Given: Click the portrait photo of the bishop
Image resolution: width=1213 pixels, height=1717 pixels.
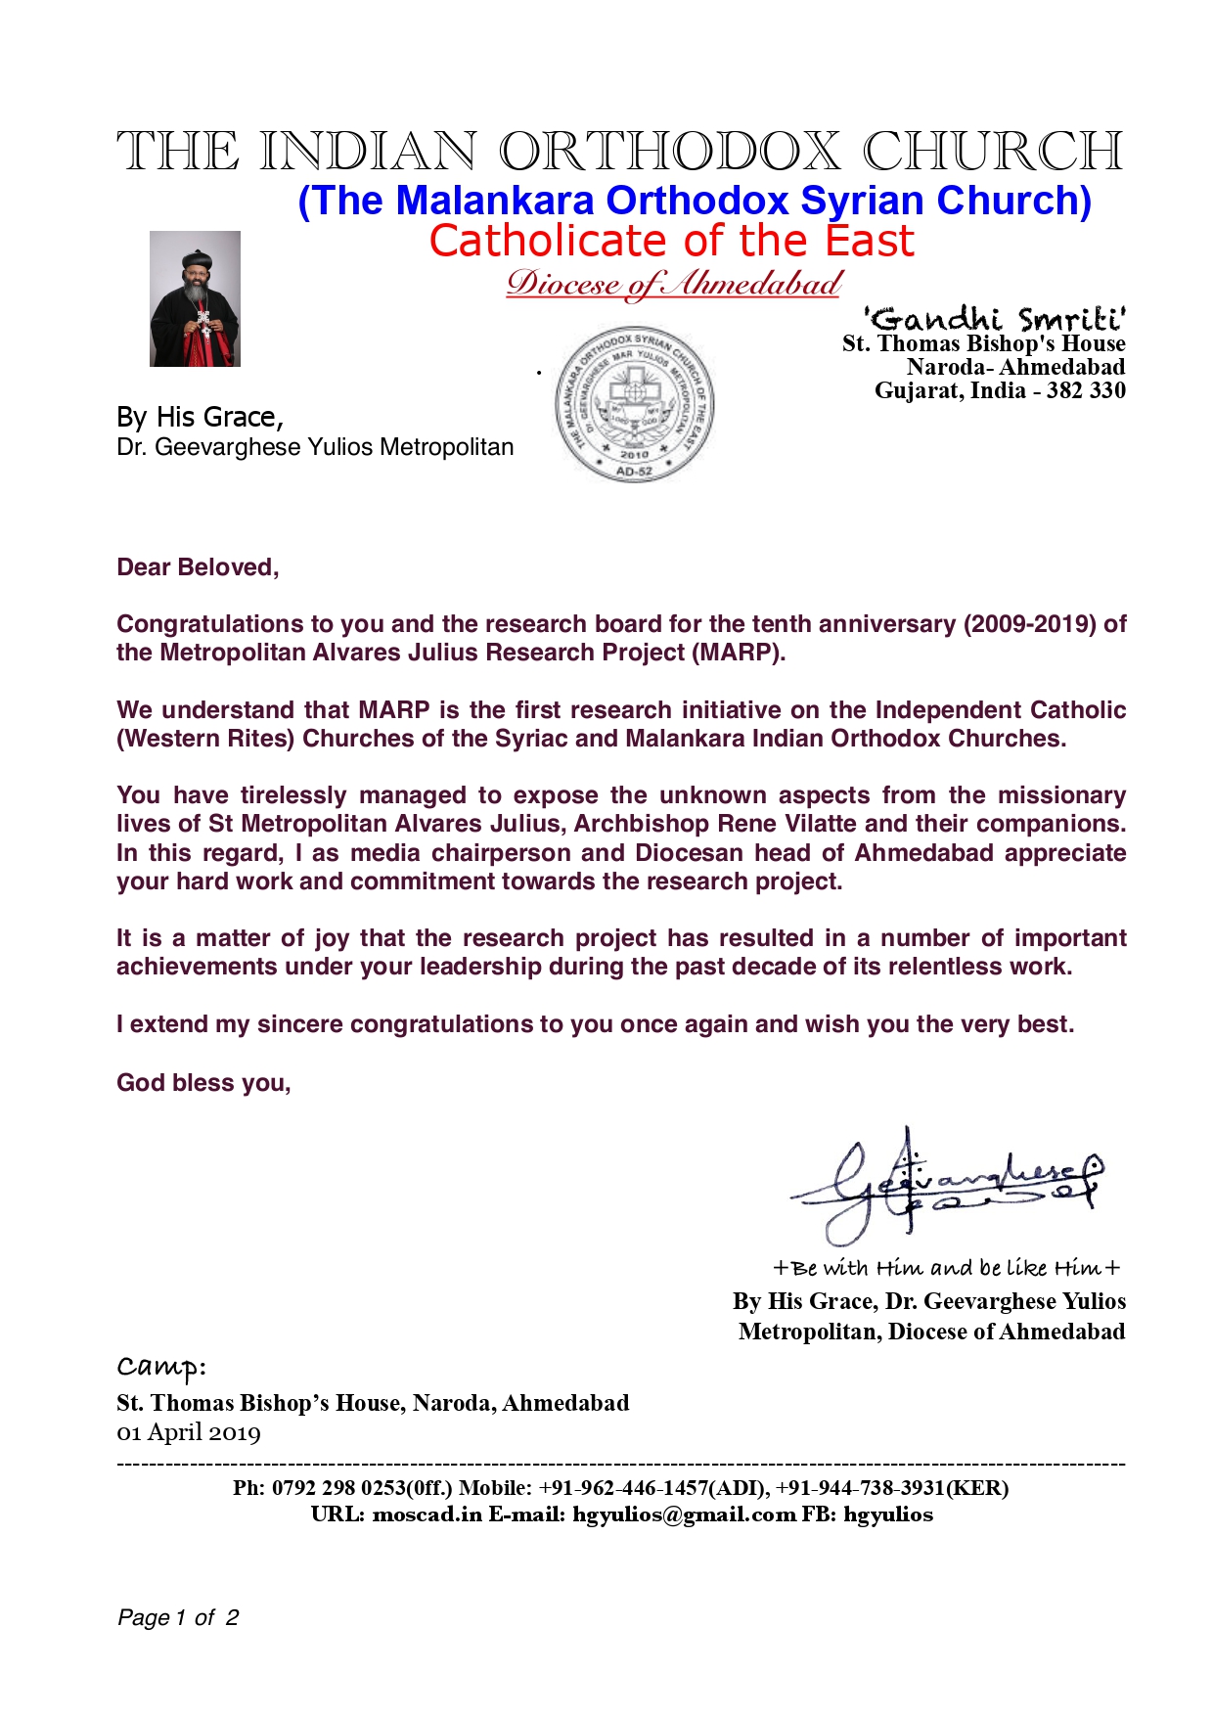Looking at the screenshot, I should click(195, 298).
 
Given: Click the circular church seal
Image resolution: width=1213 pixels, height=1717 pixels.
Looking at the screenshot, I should click(634, 404).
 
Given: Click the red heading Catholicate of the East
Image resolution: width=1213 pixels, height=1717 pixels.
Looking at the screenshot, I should click(671, 241).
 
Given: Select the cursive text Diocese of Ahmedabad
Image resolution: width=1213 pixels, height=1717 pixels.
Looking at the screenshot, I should click(673, 284).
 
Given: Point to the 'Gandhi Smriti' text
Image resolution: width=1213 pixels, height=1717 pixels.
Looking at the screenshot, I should click(994, 319).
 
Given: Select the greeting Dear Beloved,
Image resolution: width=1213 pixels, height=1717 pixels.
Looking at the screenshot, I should click(198, 567).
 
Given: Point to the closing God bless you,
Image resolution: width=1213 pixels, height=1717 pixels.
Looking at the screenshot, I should click(203, 1083).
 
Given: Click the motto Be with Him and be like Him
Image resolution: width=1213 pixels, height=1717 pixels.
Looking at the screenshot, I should click(946, 1268).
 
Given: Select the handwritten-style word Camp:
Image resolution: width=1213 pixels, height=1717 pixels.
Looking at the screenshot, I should click(161, 1366).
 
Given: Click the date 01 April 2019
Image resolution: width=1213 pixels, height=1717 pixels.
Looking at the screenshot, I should click(189, 1433).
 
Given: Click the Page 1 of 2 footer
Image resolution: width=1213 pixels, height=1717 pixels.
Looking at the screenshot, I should click(178, 1618).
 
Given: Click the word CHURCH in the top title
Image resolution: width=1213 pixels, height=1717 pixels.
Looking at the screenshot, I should click(992, 152).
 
